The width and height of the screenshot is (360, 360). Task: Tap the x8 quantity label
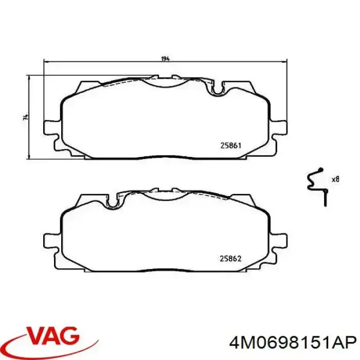[335, 179]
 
